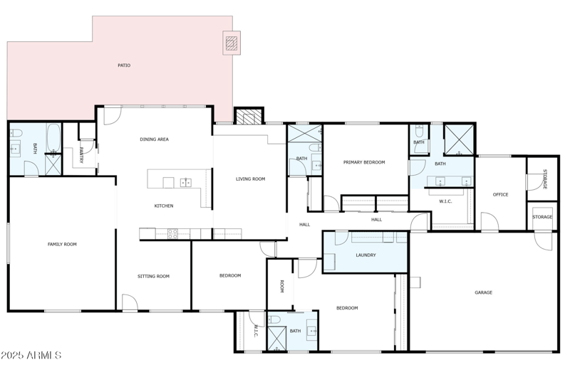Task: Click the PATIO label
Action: point(124,65)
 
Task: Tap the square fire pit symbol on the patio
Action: point(232,43)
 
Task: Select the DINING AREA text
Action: point(154,139)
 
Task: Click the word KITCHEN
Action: point(164,206)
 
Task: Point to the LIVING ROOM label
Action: point(250,179)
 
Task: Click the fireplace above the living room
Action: point(249,117)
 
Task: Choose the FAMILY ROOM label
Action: point(62,245)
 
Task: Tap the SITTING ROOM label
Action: point(153,276)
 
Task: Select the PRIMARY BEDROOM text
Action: point(364,162)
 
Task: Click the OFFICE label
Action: point(501,194)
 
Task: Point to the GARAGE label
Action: point(484,292)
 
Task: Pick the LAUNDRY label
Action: point(366,255)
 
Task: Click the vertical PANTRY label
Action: point(82,155)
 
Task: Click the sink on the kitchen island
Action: point(186,183)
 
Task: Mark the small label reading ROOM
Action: point(282,286)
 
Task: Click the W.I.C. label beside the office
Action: point(445,201)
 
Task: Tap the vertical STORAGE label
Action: point(545,179)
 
